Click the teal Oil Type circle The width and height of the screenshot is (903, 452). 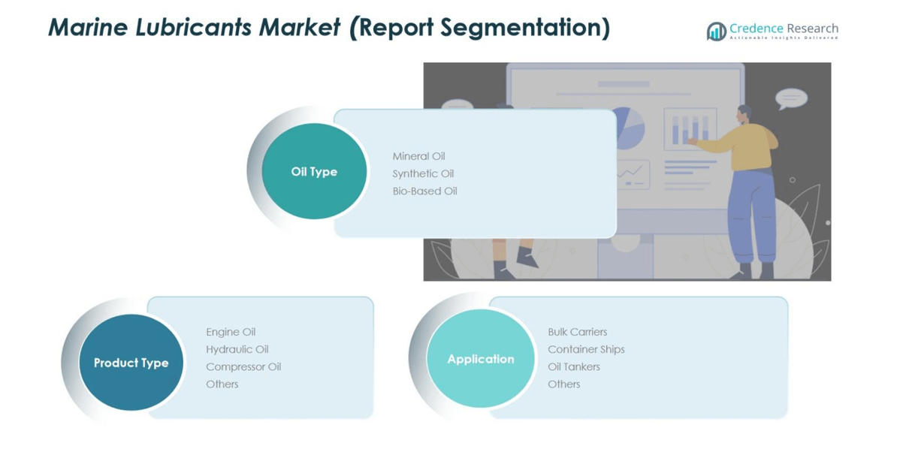pos(314,171)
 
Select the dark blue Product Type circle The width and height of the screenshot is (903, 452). pos(131,363)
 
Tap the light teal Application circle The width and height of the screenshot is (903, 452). pos(481,359)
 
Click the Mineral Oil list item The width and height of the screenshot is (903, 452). pos(419,156)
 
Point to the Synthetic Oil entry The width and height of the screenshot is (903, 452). pos(423,173)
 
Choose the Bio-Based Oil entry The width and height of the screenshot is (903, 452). pos(425,191)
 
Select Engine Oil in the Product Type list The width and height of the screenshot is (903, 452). pos(231,332)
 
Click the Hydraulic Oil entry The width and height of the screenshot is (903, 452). pos(237,349)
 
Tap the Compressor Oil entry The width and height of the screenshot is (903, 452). pos(243,366)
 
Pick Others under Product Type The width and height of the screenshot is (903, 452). pos(222,384)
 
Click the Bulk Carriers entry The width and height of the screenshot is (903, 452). pos(577,332)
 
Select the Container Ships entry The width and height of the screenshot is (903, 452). pos(586,349)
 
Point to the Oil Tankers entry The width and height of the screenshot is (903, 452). pos(574,366)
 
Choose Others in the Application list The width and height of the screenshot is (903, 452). pos(564,384)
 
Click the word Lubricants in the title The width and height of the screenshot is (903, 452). pos(193,27)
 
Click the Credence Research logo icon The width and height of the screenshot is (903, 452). pos(716,31)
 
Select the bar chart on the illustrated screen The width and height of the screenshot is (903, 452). pos(690,128)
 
